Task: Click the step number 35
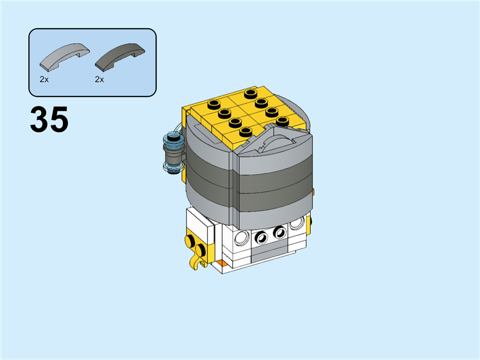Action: (x=49, y=120)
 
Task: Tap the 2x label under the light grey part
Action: (x=44, y=79)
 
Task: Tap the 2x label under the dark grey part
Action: (x=99, y=79)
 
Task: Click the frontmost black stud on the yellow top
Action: (x=245, y=132)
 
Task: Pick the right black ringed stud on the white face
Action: (x=279, y=232)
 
